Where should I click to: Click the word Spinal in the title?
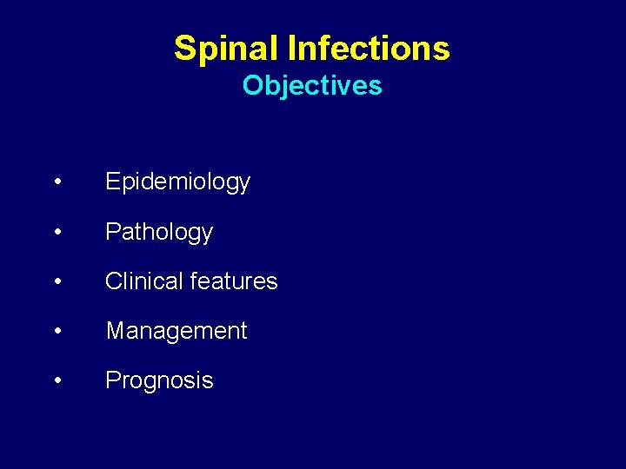pyautogui.click(x=226, y=48)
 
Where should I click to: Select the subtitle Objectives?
pyautogui.click(x=312, y=86)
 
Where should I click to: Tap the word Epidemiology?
pyautogui.click(x=177, y=182)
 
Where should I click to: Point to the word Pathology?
pyautogui.click(x=159, y=232)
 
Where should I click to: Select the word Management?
pyautogui.click(x=176, y=331)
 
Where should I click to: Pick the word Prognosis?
pyautogui.click(x=159, y=380)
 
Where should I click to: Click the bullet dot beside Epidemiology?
pyautogui.click(x=57, y=182)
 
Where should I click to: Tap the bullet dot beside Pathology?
pyautogui.click(x=57, y=232)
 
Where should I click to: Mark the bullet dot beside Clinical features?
pyautogui.click(x=57, y=281)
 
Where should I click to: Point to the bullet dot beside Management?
pyautogui.click(x=57, y=331)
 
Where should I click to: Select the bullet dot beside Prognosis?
pyautogui.click(x=57, y=380)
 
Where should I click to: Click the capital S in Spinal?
pyautogui.click(x=185, y=48)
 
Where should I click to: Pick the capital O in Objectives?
pyautogui.click(x=252, y=86)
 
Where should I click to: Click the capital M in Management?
pyautogui.click(x=115, y=331)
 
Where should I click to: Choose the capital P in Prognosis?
pyautogui.click(x=112, y=380)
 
